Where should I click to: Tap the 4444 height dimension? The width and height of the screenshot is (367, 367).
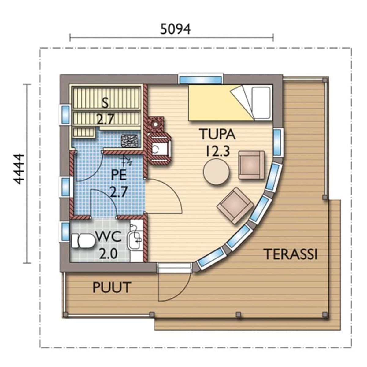[x=19, y=169]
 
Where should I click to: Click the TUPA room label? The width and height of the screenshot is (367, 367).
[x=218, y=134]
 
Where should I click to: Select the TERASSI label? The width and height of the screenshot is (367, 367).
[x=291, y=254]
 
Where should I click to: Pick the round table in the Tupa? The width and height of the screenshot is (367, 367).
[x=216, y=172]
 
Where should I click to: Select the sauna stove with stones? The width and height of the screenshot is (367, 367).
[x=129, y=141]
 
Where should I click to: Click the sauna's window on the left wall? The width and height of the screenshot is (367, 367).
[x=65, y=115]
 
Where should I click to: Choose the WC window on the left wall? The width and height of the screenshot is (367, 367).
[x=65, y=231]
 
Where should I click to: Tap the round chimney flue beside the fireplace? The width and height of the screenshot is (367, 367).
[x=156, y=124]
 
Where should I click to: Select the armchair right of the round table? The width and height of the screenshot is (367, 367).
[x=251, y=165]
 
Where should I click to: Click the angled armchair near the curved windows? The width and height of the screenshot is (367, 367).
[x=235, y=206]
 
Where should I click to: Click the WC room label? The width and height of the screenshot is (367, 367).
[x=108, y=237]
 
